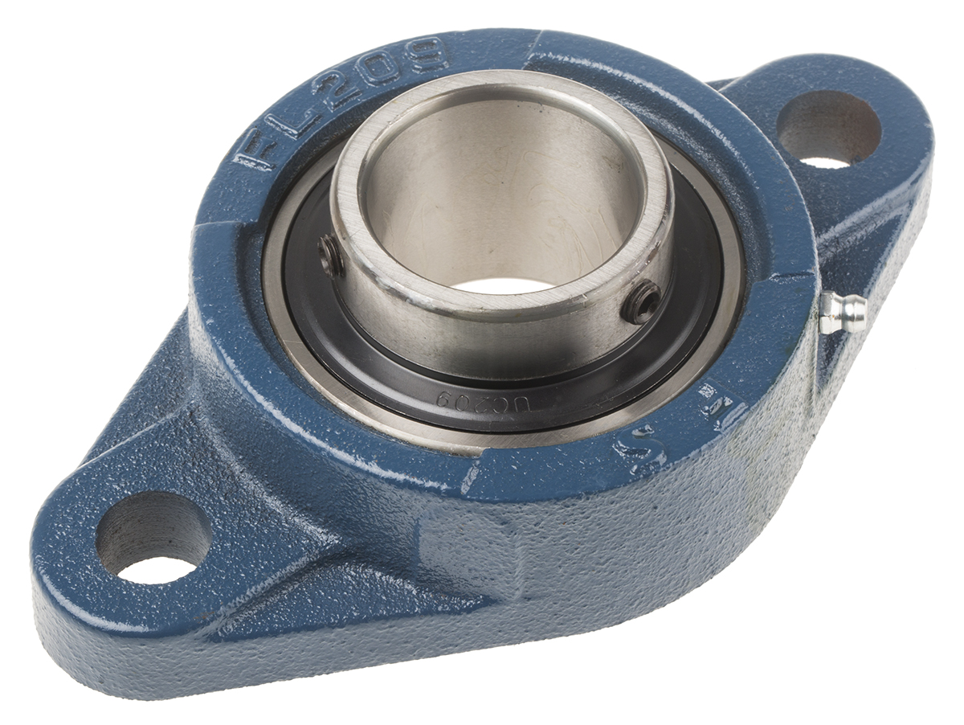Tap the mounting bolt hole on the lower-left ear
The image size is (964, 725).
[x=153, y=536]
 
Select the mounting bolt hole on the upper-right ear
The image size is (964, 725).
[x=828, y=129]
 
